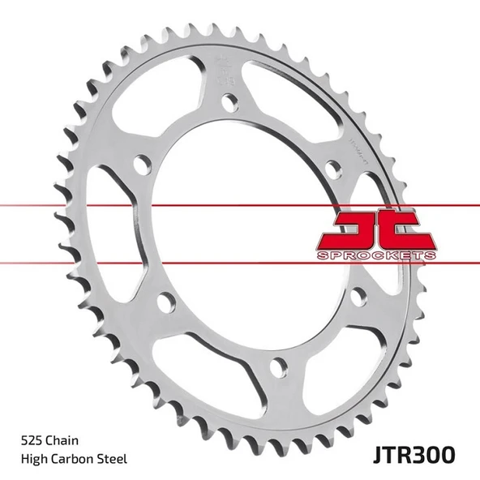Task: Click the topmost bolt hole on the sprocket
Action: [x=230, y=101]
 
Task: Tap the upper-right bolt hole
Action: [x=332, y=168]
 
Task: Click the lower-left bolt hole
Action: [x=166, y=303]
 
